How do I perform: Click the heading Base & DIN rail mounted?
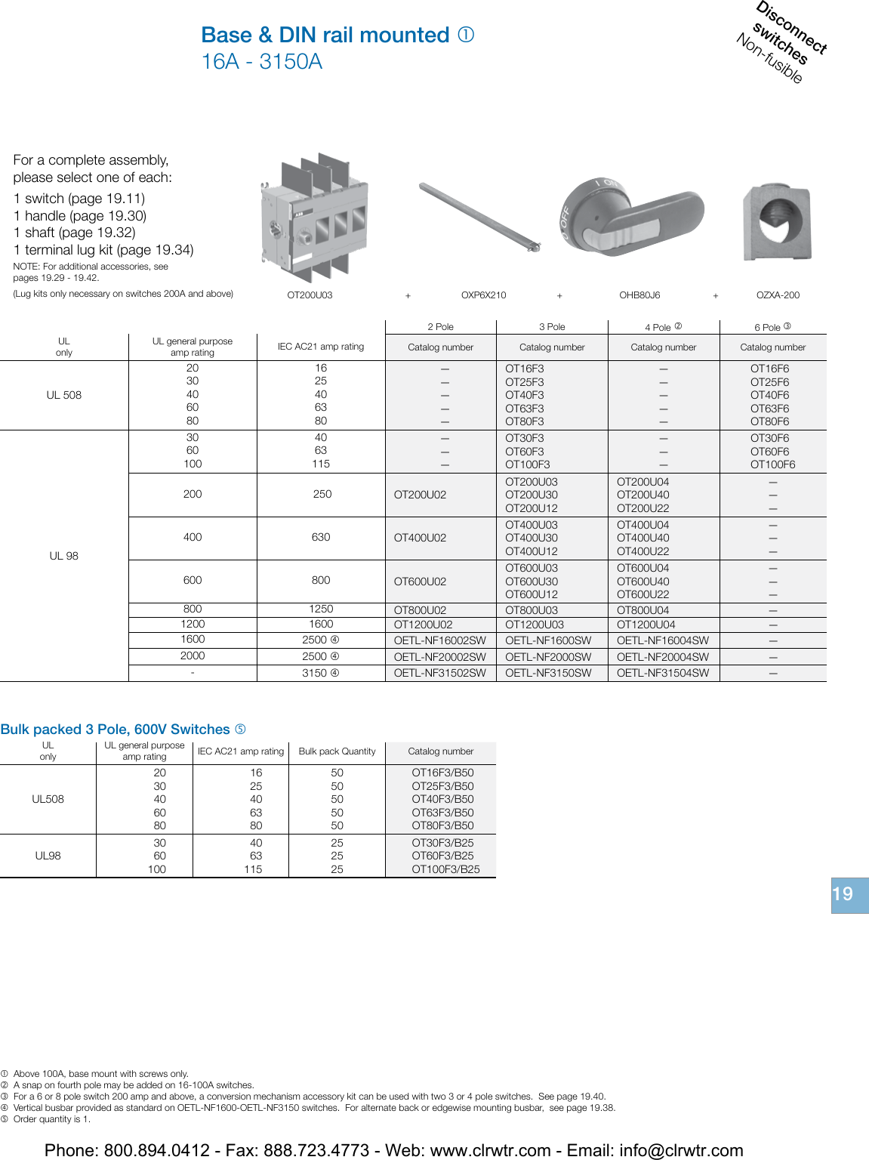pyautogui.click(x=325, y=35)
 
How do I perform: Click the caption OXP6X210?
pyautogui.click(x=483, y=295)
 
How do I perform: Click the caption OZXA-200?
pyautogui.click(x=778, y=295)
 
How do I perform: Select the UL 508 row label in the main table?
pyautogui.click(x=63, y=395)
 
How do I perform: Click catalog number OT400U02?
pyautogui.click(x=420, y=538)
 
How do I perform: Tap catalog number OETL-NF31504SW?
pyautogui.click(x=663, y=673)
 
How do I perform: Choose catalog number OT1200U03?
pyautogui.click(x=535, y=625)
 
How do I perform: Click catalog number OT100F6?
pyautogui.click(x=772, y=464)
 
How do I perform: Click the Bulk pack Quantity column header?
pyautogui.click(x=337, y=751)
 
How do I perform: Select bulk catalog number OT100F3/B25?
pyautogui.click(x=445, y=869)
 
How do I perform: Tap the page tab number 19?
pyautogui.click(x=843, y=895)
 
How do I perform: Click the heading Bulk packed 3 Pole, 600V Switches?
pyautogui.click(x=115, y=730)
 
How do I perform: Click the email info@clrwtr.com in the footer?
pyautogui.click(x=681, y=1150)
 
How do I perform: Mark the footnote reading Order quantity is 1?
pyautogui.click(x=51, y=1119)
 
